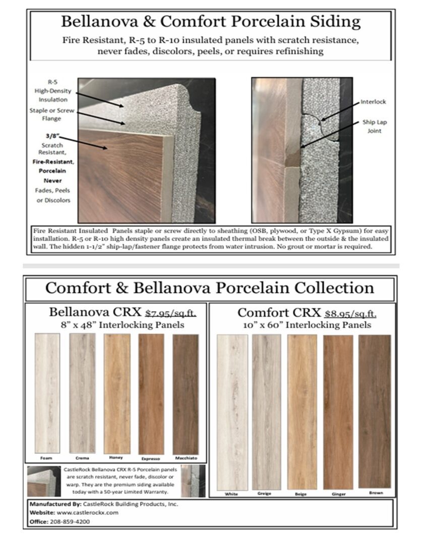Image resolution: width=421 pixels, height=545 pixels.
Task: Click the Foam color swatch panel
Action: tap(47, 393)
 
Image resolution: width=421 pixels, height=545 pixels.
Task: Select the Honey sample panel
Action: tap(116, 393)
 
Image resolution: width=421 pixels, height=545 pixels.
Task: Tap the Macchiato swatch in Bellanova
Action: tap(186, 393)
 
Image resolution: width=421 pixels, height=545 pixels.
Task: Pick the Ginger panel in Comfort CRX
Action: tap(338, 411)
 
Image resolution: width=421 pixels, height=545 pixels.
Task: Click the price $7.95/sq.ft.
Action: tap(170, 313)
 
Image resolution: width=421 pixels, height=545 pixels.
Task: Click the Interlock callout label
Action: tap(373, 101)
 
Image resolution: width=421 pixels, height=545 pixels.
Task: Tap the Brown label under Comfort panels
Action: tap(376, 493)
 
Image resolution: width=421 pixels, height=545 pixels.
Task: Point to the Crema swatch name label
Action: tap(82, 458)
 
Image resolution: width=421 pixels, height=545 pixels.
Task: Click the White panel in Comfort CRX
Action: tap(232, 411)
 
